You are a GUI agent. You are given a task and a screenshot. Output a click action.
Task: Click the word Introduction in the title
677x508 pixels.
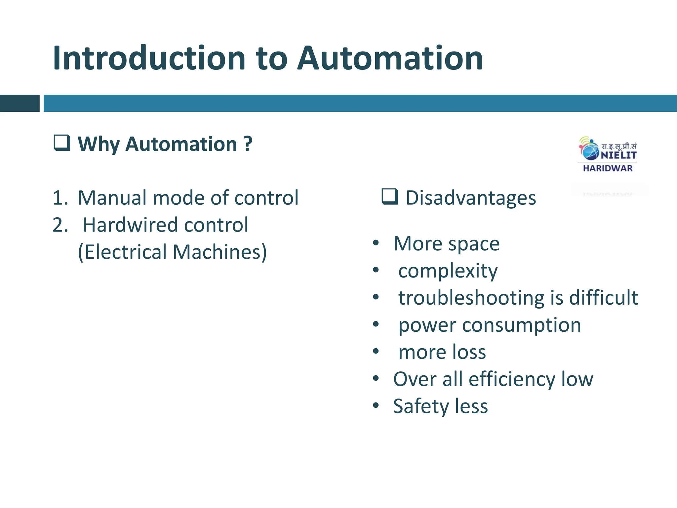(x=149, y=58)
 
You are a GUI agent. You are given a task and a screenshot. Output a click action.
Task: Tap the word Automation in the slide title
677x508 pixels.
(x=390, y=58)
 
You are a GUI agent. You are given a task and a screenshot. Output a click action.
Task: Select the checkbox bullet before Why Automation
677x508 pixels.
(x=62, y=143)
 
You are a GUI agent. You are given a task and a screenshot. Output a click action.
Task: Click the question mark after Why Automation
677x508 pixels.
(x=248, y=144)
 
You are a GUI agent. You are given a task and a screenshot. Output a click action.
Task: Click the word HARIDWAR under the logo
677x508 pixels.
(x=608, y=168)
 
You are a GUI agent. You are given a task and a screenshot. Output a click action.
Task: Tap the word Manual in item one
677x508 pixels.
(x=112, y=198)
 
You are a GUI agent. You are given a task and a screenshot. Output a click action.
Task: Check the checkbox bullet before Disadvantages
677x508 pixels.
(x=390, y=197)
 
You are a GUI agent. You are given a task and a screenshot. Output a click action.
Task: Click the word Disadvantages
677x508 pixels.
(x=471, y=198)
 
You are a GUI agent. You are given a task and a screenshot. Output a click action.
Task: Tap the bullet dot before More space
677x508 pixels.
(x=376, y=243)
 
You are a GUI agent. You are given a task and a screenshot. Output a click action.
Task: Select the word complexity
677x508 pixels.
(x=448, y=271)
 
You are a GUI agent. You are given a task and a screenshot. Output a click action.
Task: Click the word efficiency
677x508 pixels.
(x=512, y=379)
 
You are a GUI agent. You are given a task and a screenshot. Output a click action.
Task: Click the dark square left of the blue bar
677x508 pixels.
(x=20, y=103)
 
